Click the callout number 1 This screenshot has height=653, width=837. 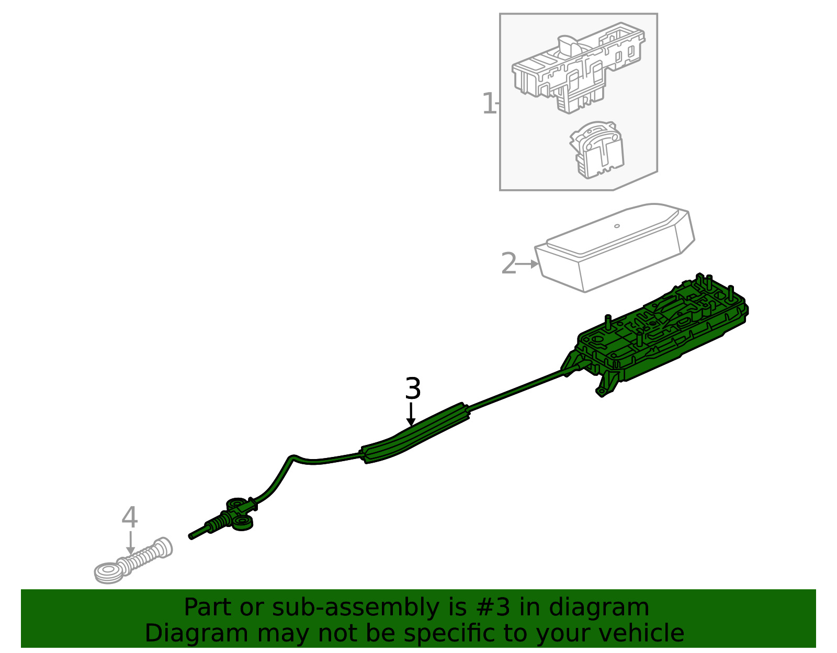488,104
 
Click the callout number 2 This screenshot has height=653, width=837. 508,264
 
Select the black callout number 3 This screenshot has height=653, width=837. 413,389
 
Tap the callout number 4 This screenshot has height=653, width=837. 129,517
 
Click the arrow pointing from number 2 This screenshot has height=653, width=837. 528,264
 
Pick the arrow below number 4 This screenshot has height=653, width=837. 130,543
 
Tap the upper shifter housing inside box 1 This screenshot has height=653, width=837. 578,71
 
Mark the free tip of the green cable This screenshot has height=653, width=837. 191,536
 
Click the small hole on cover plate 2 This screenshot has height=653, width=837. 617,226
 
